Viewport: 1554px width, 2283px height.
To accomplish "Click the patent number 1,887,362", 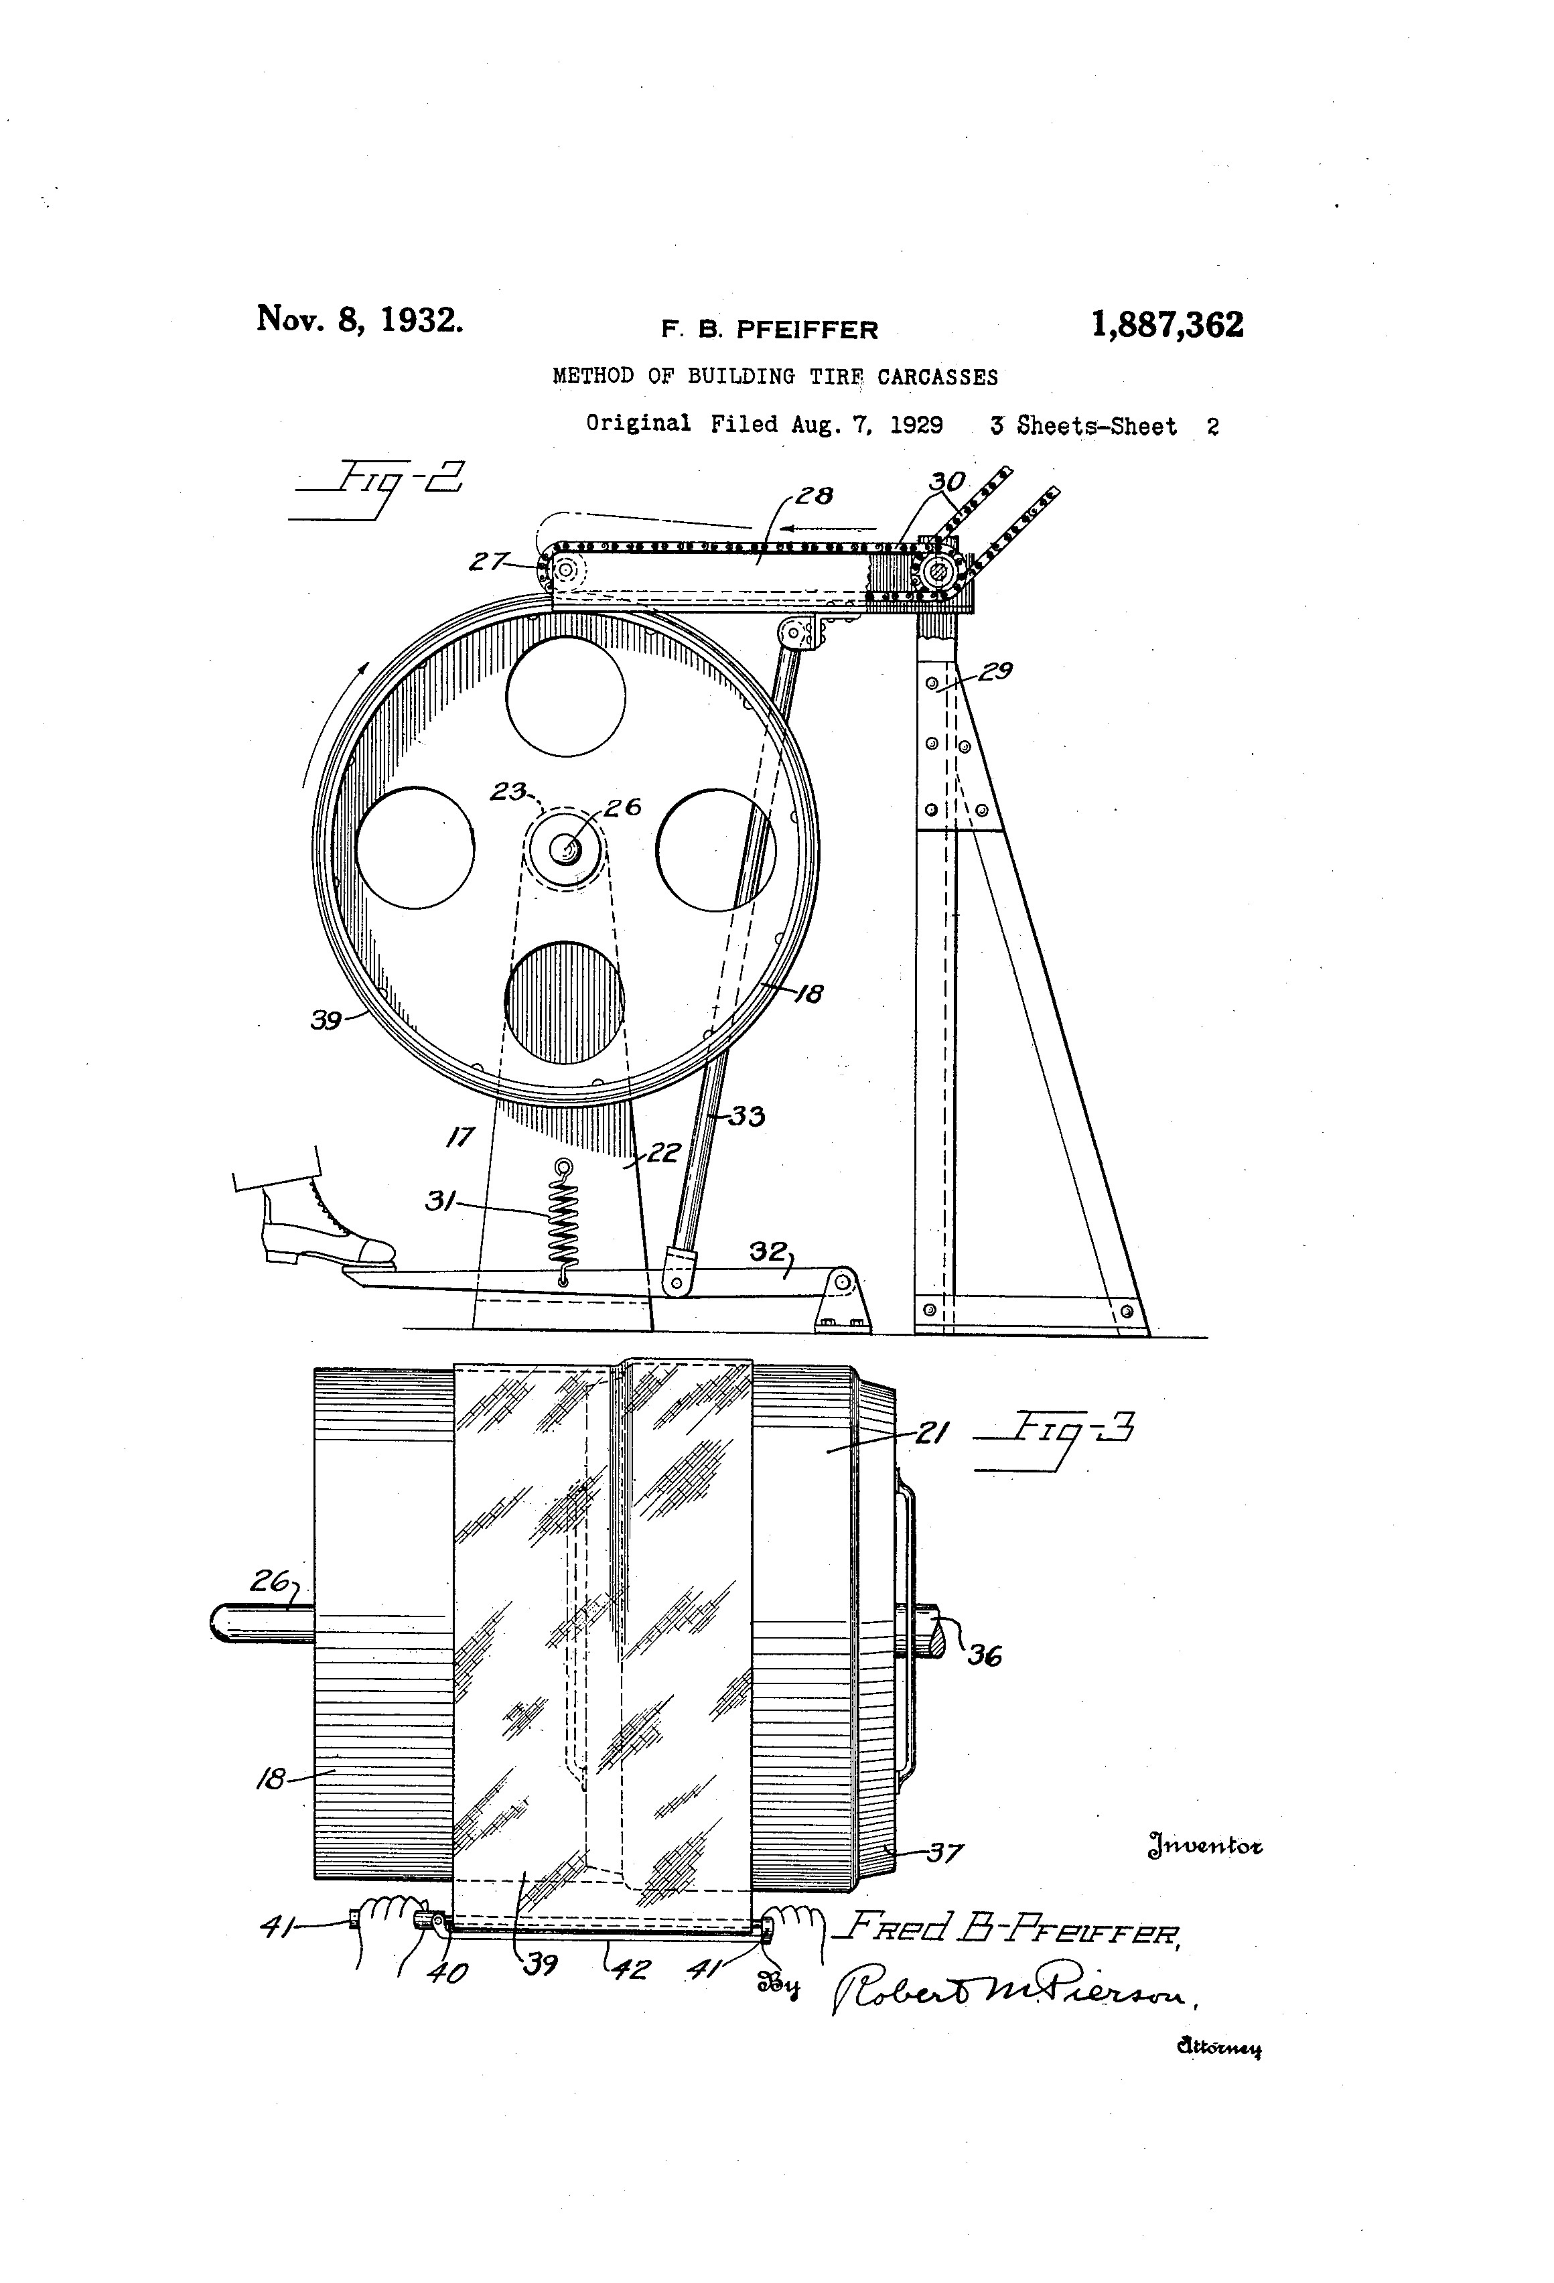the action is (x=1167, y=325).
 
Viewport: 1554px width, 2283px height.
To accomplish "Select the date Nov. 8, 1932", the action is (x=360, y=320).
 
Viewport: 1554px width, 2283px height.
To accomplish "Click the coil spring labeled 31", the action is (x=564, y=1223).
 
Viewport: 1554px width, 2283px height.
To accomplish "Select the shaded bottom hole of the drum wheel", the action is (x=565, y=1002).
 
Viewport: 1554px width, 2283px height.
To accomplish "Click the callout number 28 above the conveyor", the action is (x=815, y=496).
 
